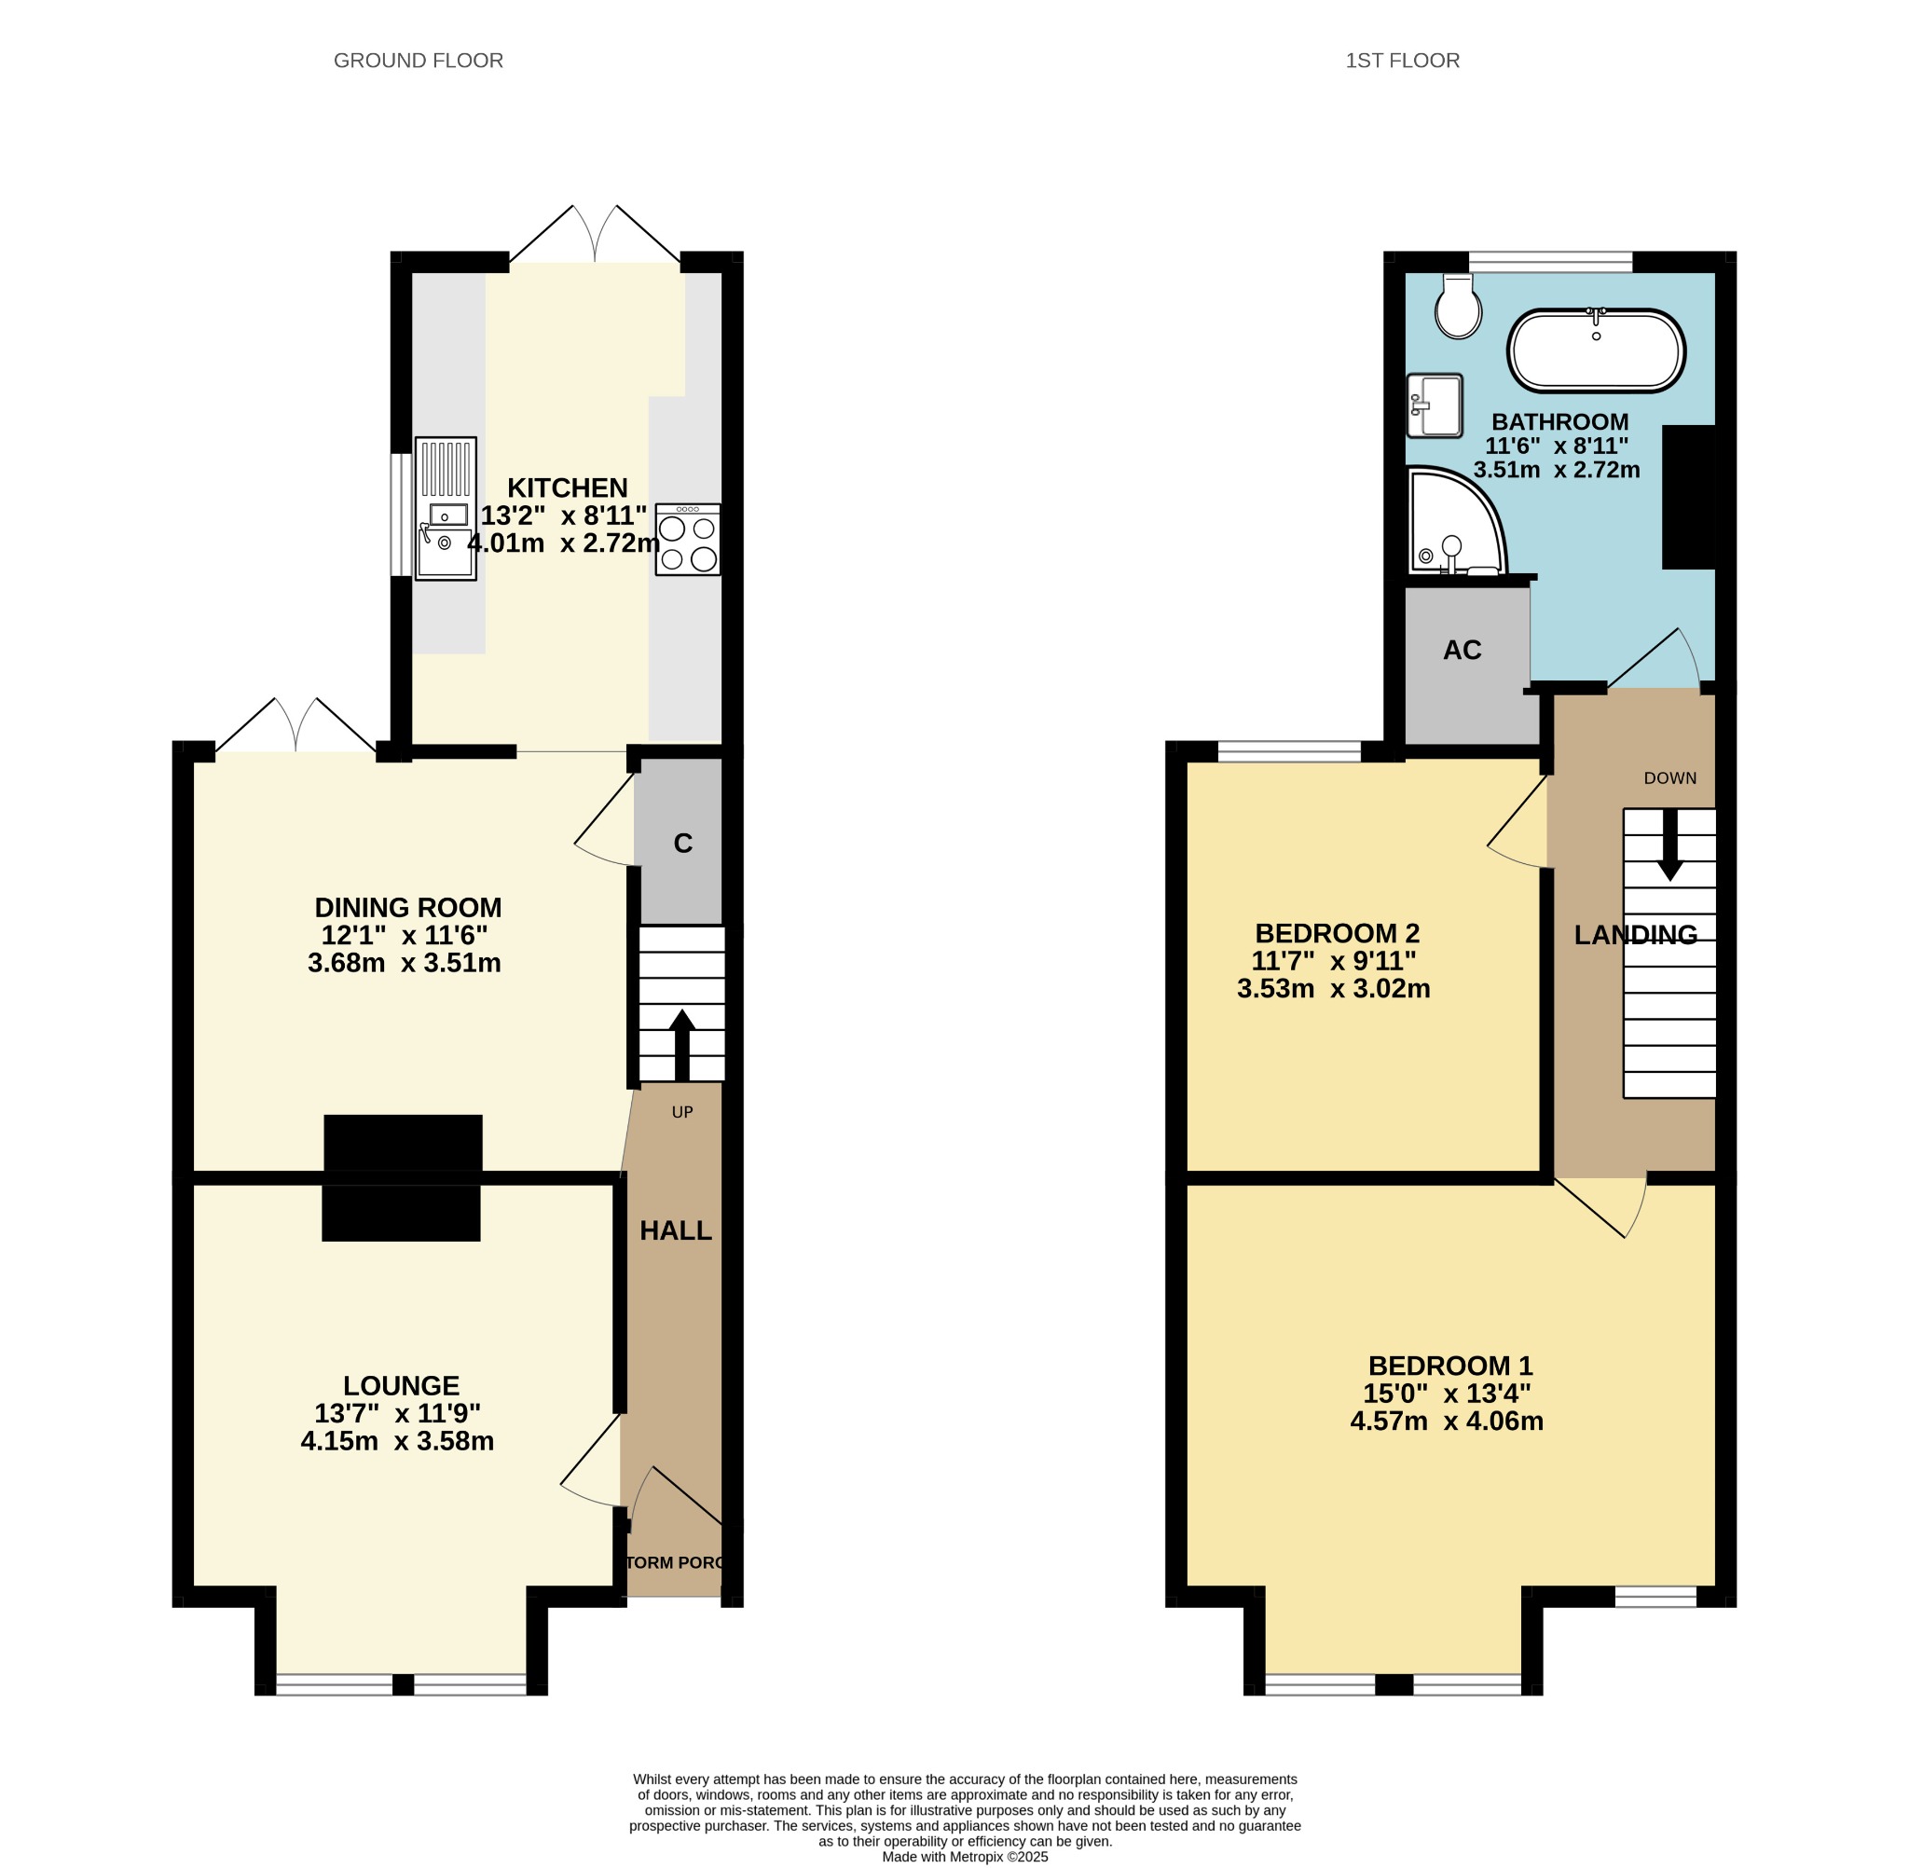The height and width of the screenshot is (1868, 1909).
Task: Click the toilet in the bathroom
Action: coord(1458,307)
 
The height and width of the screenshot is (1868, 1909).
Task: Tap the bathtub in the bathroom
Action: coord(1596,350)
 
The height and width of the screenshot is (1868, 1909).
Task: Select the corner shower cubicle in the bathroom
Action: coord(1456,521)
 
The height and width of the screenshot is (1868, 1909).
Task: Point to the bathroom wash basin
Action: coord(1435,405)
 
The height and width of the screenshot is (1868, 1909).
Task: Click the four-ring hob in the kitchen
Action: coord(688,539)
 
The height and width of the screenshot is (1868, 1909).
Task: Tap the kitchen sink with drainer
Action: coord(446,508)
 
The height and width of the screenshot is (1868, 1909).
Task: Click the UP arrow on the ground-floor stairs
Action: coord(681,1045)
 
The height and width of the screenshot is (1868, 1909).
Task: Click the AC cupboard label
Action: coord(1462,650)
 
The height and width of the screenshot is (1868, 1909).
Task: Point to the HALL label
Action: coord(676,1230)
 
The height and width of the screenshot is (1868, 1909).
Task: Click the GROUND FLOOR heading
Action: coord(418,61)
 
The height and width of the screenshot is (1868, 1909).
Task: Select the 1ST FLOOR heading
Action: coord(1402,61)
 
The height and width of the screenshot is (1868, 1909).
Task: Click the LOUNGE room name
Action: coord(401,1385)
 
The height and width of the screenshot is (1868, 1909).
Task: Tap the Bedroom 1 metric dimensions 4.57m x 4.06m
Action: coord(1447,1421)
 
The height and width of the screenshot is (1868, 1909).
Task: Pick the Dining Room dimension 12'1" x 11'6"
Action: coord(405,935)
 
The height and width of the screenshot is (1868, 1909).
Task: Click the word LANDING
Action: coord(1635,935)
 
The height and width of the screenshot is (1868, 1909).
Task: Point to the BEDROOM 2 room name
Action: coord(1337,933)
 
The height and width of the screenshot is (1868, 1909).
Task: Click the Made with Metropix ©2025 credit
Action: coord(966,1857)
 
